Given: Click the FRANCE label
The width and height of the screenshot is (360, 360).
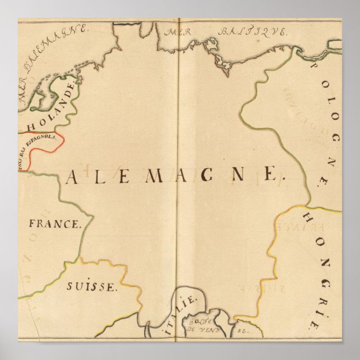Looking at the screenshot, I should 54,225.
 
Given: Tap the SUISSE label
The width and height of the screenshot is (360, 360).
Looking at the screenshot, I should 92,287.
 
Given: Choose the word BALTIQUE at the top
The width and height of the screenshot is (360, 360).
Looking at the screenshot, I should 252,32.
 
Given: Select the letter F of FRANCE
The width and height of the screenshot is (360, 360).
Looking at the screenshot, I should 32,225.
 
